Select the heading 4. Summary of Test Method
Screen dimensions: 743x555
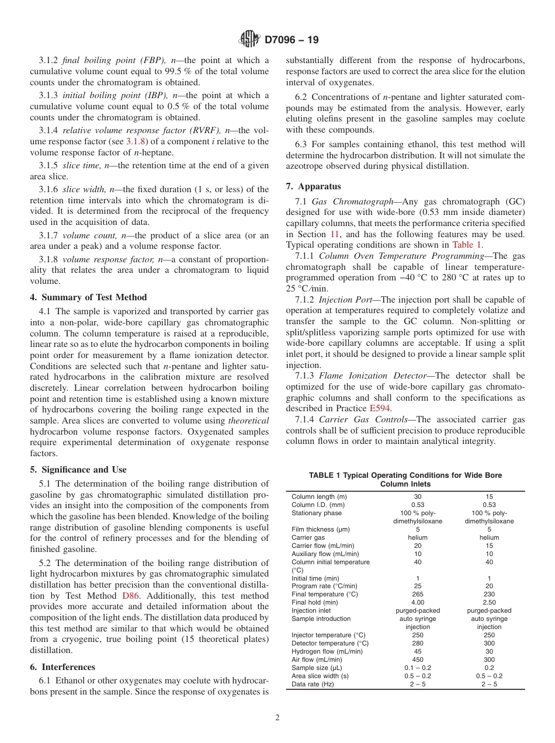[88, 297]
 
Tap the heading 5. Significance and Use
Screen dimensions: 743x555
[78, 470]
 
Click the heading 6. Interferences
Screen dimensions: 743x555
[62, 667]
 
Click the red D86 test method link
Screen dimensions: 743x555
[131, 596]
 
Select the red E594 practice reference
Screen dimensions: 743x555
[380, 408]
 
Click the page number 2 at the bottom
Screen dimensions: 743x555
[277, 718]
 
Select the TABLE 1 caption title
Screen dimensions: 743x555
[405, 480]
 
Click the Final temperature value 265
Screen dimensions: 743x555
[418, 594]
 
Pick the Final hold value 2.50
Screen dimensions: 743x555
[489, 602]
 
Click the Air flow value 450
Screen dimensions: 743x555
[418, 659]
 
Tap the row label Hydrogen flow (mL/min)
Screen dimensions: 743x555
[327, 651]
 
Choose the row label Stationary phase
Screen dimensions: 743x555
[317, 513]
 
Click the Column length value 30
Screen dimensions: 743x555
[418, 497]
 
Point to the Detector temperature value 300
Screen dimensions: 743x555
[489, 643]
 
